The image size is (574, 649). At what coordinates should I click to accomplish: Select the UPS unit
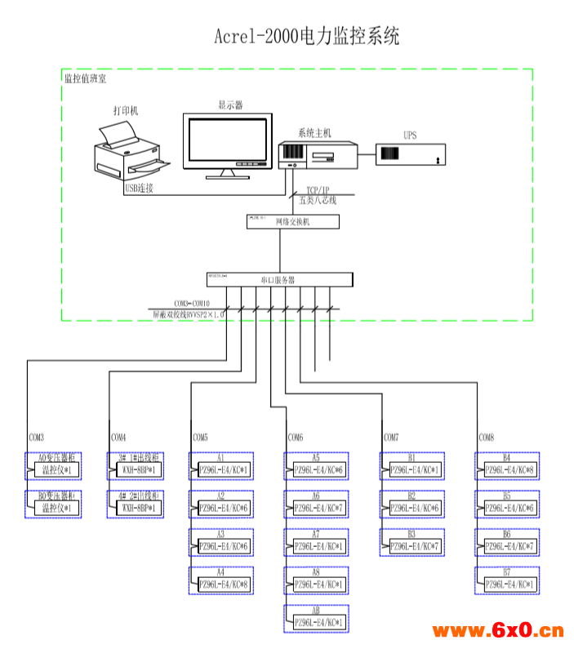pos(410,153)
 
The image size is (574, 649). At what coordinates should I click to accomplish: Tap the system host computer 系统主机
pos(318,154)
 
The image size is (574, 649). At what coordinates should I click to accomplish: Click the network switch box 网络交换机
pos(280,221)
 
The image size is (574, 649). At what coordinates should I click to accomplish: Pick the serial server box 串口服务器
pos(280,279)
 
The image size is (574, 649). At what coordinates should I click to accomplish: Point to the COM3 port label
pos(37,438)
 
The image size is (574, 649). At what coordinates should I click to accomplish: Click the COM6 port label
pos(295,438)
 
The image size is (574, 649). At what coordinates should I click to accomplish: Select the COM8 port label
pos(487,438)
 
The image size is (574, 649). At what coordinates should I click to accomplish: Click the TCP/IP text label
pos(318,189)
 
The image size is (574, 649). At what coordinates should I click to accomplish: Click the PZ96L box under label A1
pos(223,470)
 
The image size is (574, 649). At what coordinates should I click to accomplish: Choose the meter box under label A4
pos(223,584)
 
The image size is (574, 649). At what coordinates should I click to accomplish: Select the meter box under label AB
pos(318,623)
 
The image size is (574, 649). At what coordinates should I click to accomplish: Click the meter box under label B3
pos(415,545)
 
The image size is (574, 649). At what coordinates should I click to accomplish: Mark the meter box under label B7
pos(509,584)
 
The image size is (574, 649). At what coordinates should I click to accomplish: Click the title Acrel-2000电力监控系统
pos(306,37)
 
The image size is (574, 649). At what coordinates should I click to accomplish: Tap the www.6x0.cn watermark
pos(497,630)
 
